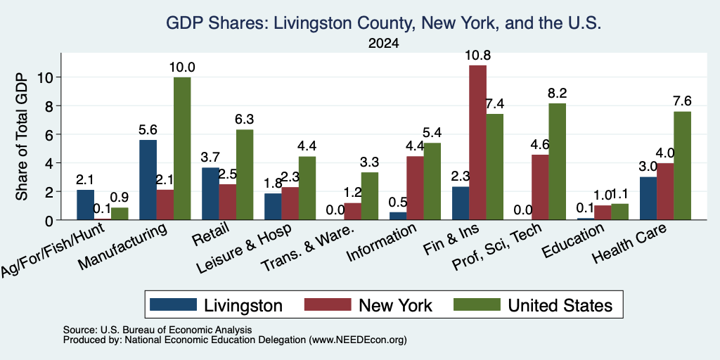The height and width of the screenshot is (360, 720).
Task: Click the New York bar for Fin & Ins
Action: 477,142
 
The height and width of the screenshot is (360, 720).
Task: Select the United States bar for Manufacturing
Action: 182,148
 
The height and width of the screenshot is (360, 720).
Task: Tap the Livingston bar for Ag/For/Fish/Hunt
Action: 85,205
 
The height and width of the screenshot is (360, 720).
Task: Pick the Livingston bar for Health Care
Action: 648,198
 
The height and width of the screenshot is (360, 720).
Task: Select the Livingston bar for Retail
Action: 210,194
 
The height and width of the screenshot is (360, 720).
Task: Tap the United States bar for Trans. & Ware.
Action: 370,196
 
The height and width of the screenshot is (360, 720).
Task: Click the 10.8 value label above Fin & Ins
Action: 477,56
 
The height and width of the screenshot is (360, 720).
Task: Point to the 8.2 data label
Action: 558,94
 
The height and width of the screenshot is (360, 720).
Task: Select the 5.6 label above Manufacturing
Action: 148,130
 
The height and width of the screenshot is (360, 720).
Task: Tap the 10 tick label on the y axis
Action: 46,77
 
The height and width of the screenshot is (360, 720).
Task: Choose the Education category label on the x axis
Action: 572,240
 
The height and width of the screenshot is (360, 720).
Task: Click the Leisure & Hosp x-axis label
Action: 244,248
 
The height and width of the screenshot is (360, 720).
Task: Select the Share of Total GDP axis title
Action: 22,136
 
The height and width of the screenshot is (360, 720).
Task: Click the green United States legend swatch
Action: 477,304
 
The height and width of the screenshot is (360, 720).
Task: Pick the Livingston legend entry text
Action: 243,305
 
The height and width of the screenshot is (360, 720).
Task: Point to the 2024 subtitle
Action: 383,44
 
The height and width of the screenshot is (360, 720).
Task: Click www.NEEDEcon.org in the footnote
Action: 358,340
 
